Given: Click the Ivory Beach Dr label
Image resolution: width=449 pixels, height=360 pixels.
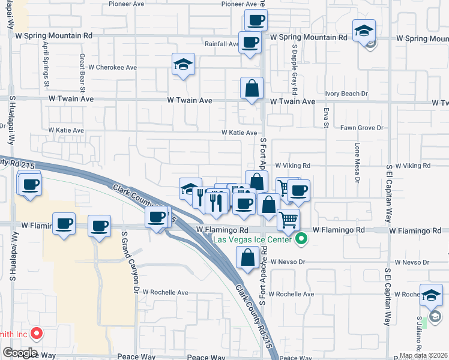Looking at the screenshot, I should pos(346,94).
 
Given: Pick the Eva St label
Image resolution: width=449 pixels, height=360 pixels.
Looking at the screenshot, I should pos(326,117).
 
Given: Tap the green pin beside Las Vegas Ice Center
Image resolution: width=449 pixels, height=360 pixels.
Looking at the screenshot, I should pos(303,240).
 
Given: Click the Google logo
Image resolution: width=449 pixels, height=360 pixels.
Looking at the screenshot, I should pos(20,353).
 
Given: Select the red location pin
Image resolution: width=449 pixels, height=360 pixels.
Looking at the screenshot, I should pos(36,334).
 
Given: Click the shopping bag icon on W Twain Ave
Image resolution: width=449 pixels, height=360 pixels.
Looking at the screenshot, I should pos(252,88).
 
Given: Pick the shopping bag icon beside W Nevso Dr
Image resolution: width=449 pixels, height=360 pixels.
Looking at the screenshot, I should pos(247,257).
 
